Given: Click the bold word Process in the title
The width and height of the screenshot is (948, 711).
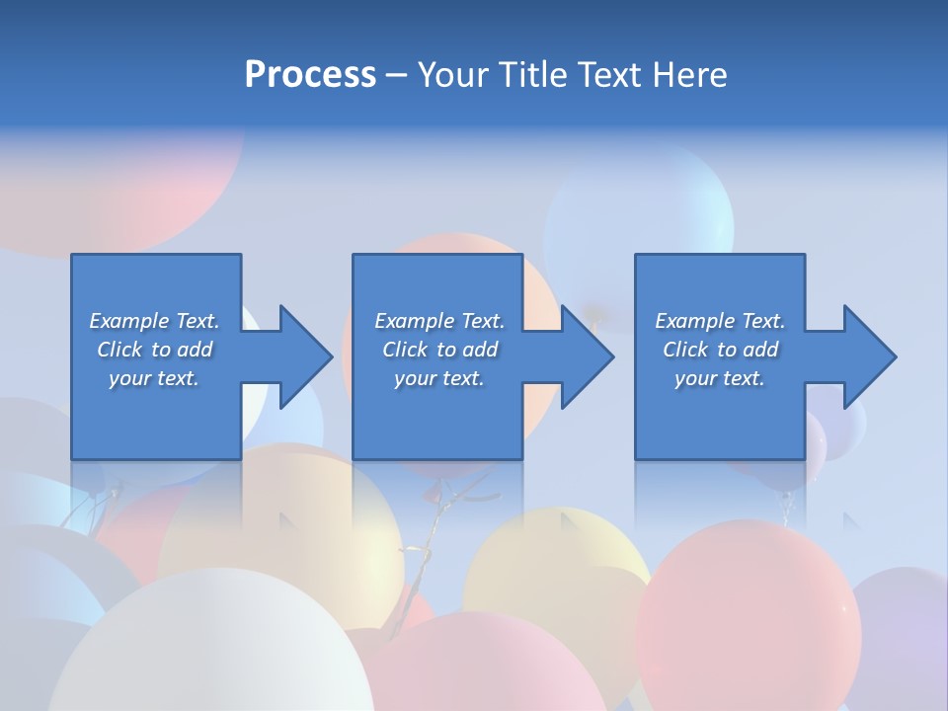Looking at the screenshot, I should pyautogui.click(x=310, y=75).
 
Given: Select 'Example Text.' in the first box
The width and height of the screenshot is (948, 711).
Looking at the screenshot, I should pyautogui.click(x=154, y=321).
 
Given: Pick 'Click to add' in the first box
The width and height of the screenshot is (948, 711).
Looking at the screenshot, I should pyautogui.click(x=154, y=350).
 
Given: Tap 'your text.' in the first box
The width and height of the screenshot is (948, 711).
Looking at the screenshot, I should pyautogui.click(x=154, y=378).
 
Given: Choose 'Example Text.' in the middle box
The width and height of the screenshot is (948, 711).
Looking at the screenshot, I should pyautogui.click(x=439, y=321).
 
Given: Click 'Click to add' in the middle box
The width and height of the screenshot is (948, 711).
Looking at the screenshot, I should pyautogui.click(x=439, y=350).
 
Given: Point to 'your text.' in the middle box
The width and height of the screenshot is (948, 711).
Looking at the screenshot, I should pyautogui.click(x=439, y=378).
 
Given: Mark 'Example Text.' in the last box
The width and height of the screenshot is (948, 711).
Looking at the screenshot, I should pyautogui.click(x=720, y=321).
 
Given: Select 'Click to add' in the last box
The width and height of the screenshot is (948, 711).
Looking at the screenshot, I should pyautogui.click(x=720, y=350).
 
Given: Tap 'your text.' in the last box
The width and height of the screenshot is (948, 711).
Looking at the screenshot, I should pyautogui.click(x=720, y=378).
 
